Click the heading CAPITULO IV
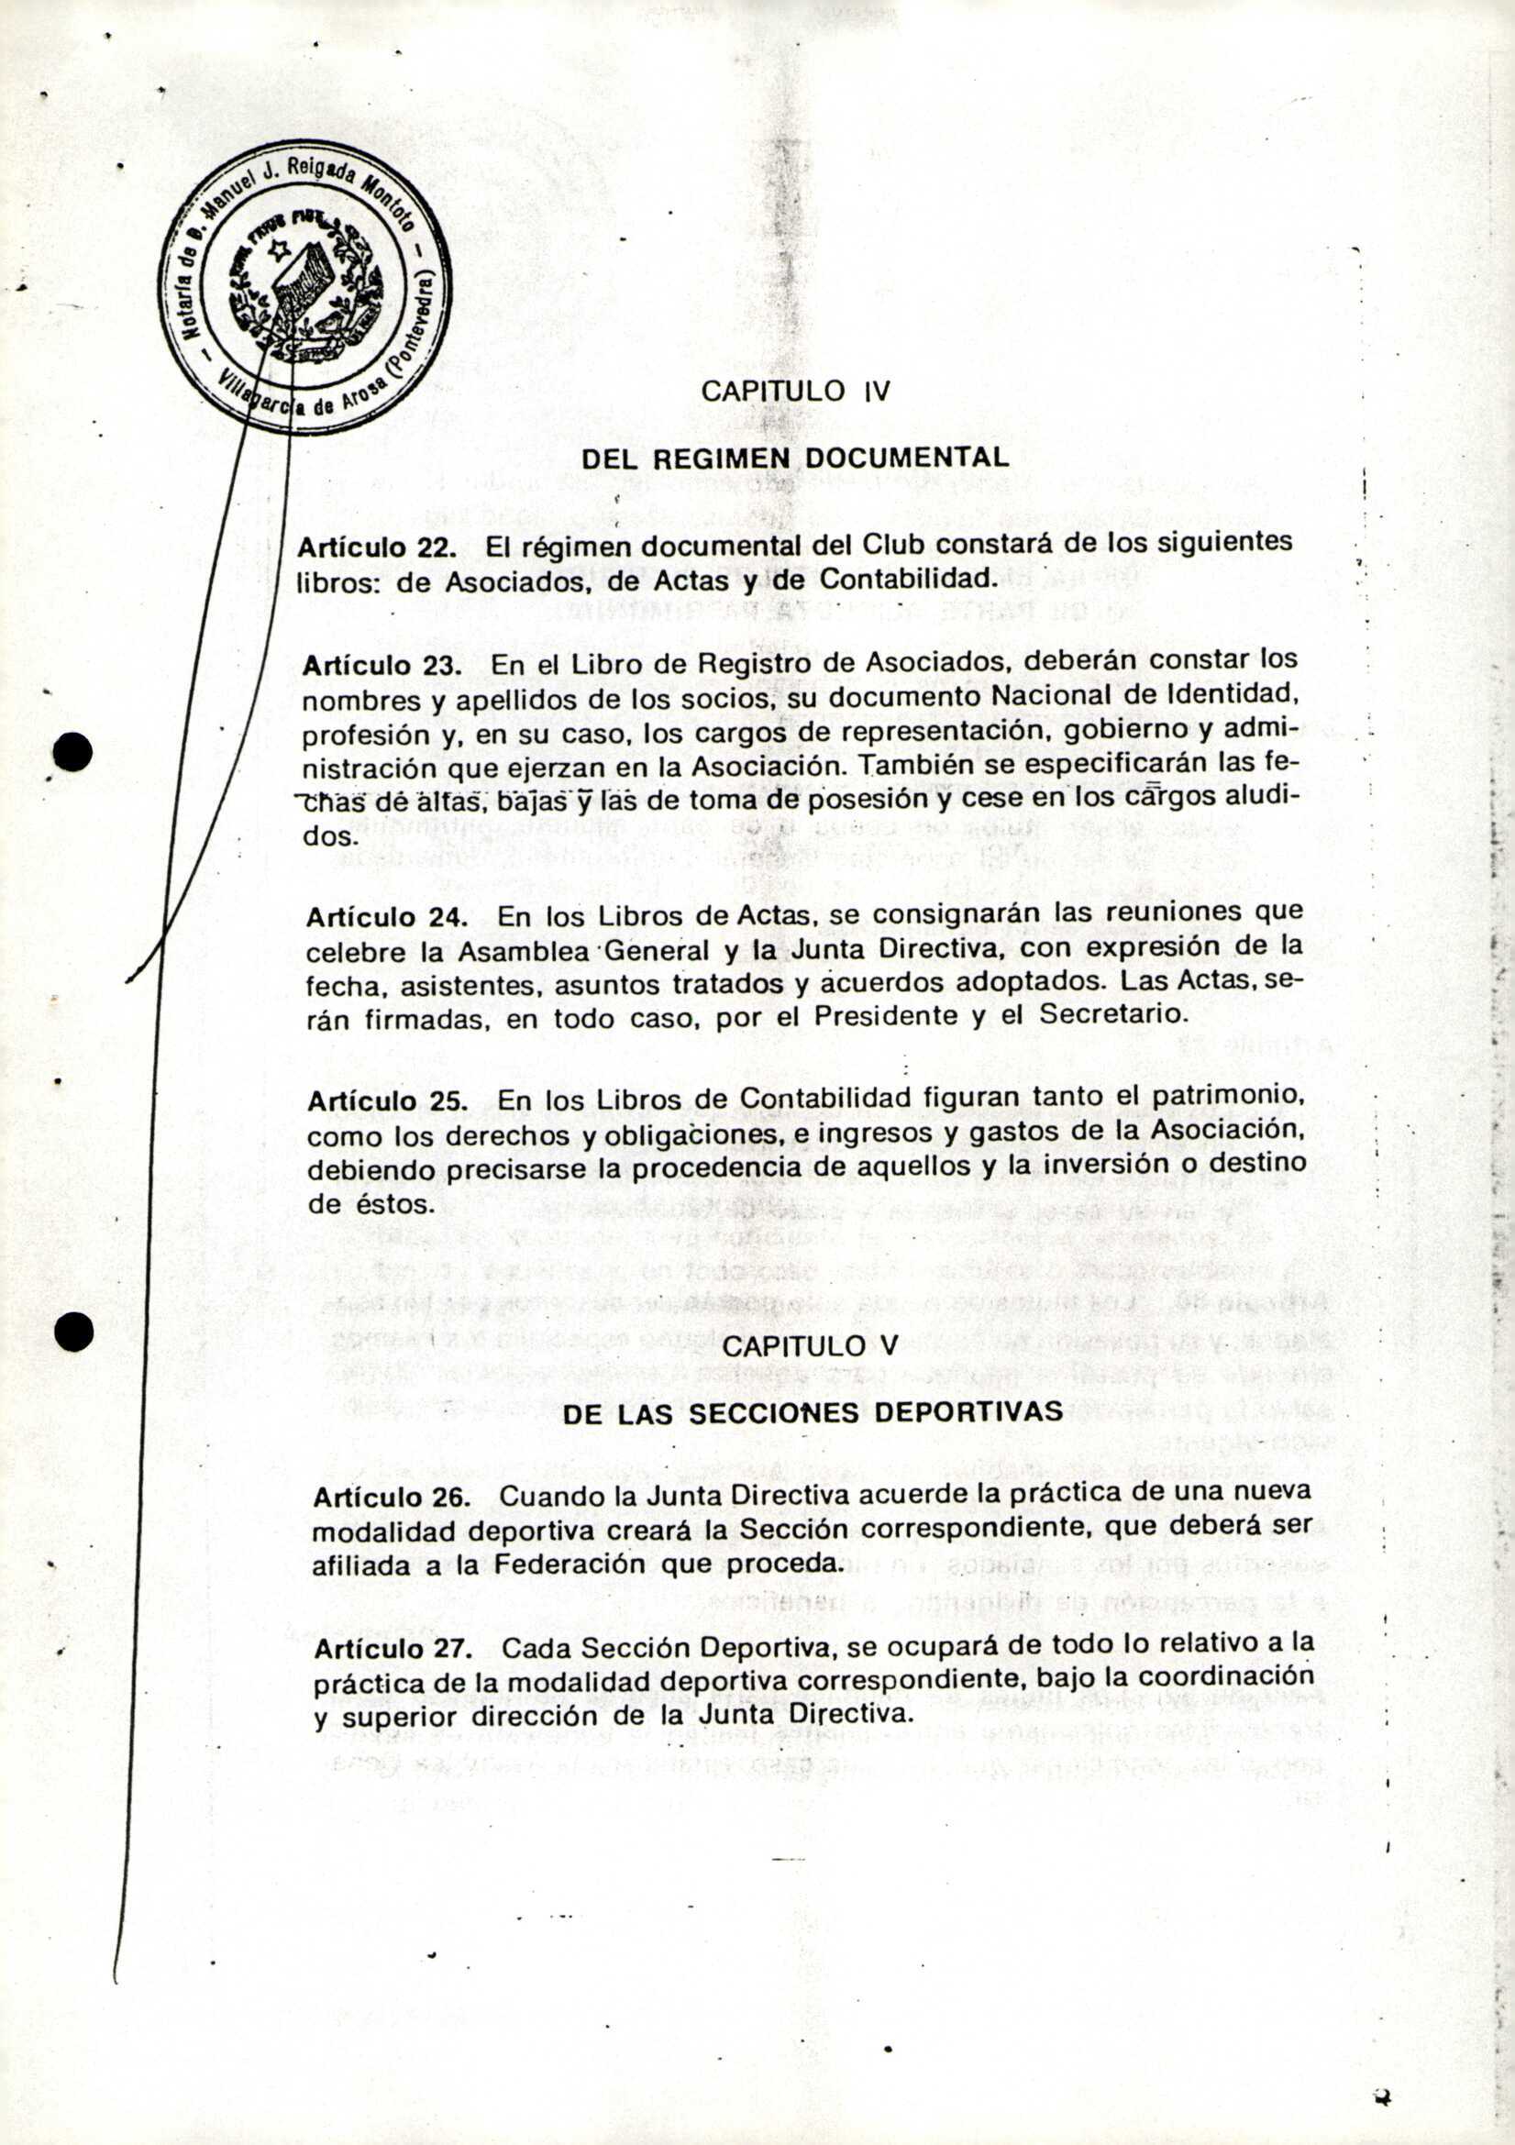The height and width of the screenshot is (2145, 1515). (x=796, y=391)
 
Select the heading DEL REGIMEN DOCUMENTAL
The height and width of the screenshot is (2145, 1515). (x=796, y=459)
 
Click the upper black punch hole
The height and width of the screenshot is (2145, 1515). (x=73, y=752)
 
